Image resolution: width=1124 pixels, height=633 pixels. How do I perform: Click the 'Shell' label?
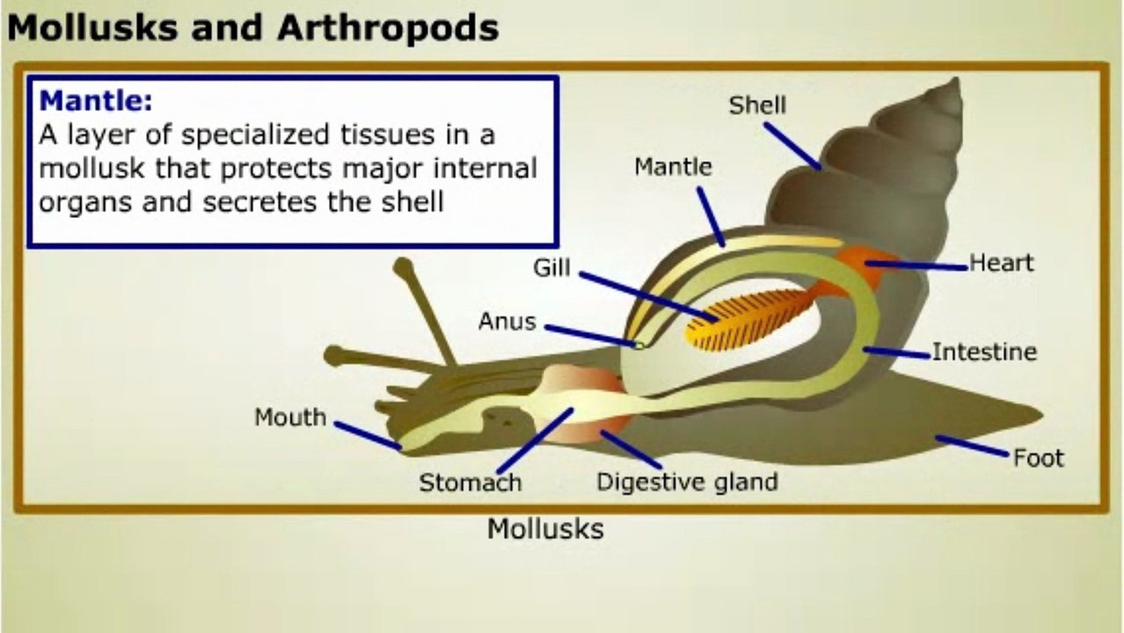[x=757, y=105]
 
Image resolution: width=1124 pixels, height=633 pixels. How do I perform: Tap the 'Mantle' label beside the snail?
[x=673, y=165]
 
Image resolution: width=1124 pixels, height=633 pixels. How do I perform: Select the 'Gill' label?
[x=551, y=267]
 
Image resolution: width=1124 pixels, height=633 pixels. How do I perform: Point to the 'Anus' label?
[x=507, y=321]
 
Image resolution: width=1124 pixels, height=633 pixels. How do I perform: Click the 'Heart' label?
[x=1001, y=262]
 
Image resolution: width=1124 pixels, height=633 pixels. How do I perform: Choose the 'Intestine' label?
[x=984, y=352]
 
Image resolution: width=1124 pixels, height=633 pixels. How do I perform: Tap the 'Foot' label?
[x=1038, y=457]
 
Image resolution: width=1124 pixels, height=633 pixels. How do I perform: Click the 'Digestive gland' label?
[x=687, y=481]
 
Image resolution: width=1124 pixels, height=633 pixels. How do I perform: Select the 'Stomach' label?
[x=470, y=482]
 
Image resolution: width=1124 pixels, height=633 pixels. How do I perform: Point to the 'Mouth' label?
[x=290, y=417]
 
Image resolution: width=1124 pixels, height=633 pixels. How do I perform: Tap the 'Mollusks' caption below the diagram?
[x=545, y=528]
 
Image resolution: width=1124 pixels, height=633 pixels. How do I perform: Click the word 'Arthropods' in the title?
[x=388, y=28]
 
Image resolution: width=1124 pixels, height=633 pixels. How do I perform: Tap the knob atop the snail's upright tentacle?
[x=404, y=266]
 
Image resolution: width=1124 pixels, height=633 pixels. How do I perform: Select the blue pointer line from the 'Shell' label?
[x=792, y=145]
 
